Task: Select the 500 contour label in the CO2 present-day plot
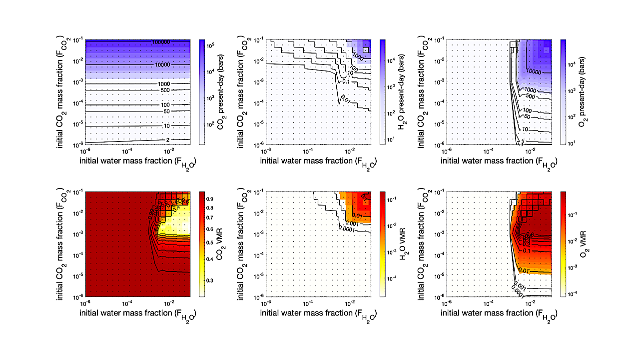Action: pyautogui.click(x=173, y=90)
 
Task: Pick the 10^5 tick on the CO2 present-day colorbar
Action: pyautogui.click(x=210, y=45)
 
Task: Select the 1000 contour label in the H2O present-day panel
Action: pyautogui.click(x=357, y=56)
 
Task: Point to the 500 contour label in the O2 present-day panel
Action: pyautogui.click(x=531, y=96)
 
